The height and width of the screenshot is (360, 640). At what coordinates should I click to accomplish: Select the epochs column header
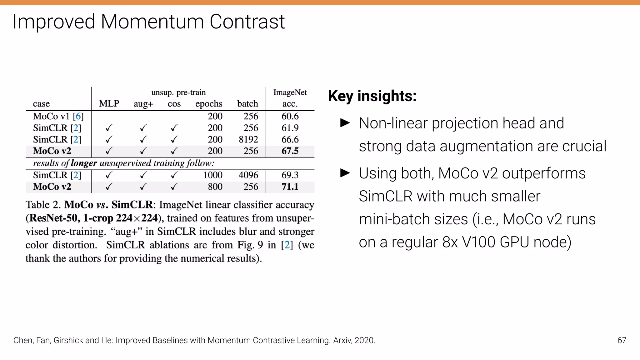coord(209,104)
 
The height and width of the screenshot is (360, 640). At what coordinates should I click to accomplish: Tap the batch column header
coord(247,104)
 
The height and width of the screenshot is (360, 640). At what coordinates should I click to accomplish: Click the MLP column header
coord(109,104)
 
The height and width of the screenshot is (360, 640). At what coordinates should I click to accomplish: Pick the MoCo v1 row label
coord(58,116)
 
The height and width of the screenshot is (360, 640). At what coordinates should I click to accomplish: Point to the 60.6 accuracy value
coord(290,116)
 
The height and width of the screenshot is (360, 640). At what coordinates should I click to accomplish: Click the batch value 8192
coord(248,139)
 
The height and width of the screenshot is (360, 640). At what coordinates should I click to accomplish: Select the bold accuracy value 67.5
coord(290,151)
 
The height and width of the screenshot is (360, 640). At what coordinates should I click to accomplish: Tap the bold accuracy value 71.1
coord(290,187)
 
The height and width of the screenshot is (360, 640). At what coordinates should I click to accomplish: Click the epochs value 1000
coord(213,175)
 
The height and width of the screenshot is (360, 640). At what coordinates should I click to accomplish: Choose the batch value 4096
coord(248,175)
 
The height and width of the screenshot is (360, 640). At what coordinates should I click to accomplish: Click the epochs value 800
coord(215,187)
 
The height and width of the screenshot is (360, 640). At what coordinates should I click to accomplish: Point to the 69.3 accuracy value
coord(290,175)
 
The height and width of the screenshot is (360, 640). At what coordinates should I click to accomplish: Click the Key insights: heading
coord(372,96)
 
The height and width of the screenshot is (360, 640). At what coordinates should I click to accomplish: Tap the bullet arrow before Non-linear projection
coord(345,123)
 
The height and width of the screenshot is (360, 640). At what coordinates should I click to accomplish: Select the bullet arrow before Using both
coord(345,173)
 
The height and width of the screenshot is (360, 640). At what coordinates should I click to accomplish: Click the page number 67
coord(622,340)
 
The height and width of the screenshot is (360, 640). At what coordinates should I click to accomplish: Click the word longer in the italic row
coord(84,163)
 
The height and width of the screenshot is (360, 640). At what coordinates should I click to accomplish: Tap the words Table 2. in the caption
coord(43,205)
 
